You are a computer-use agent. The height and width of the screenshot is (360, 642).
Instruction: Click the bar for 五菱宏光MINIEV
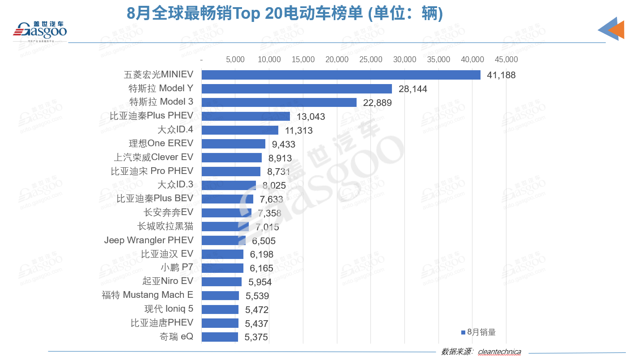[x=341, y=75]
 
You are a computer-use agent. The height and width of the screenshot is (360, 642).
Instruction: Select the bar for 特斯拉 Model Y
[x=297, y=89]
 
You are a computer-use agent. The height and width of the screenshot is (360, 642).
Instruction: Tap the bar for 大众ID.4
[x=240, y=130]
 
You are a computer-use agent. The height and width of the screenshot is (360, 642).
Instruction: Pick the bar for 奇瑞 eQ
[x=220, y=337]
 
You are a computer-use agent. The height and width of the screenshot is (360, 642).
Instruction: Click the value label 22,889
[x=378, y=103]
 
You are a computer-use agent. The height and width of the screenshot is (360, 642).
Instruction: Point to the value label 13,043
[x=310, y=117]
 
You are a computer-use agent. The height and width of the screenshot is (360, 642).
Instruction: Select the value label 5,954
[x=257, y=282]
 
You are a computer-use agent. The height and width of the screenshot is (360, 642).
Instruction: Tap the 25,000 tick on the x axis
[x=371, y=59]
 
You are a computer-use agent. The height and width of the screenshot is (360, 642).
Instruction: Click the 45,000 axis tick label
[x=506, y=59]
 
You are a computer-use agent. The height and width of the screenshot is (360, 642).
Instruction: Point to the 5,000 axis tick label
[x=235, y=59]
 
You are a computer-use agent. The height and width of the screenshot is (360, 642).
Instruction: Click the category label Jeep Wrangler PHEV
[x=149, y=240]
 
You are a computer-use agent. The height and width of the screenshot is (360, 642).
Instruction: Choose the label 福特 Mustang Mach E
[x=148, y=295]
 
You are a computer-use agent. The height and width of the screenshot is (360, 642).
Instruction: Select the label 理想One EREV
[x=161, y=144]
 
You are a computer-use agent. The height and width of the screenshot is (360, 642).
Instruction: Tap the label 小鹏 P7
[x=177, y=267]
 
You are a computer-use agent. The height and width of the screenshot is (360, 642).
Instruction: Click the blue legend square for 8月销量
[x=463, y=332]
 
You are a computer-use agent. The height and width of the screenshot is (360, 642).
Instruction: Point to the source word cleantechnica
[x=499, y=352]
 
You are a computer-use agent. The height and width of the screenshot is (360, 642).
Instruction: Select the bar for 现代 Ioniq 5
[x=220, y=309]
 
